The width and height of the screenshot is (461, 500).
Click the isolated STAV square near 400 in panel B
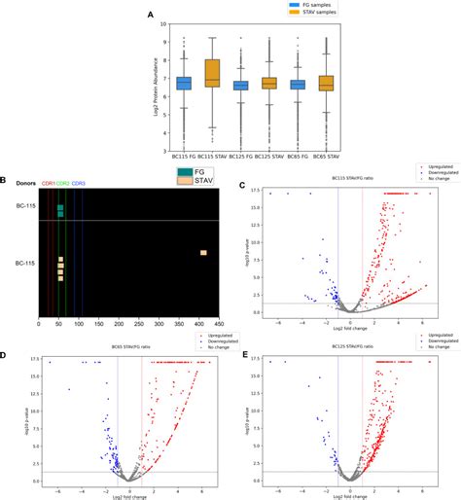[203, 253]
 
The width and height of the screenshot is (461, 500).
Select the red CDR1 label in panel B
[46, 183]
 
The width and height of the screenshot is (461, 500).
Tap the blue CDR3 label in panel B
[78, 183]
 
